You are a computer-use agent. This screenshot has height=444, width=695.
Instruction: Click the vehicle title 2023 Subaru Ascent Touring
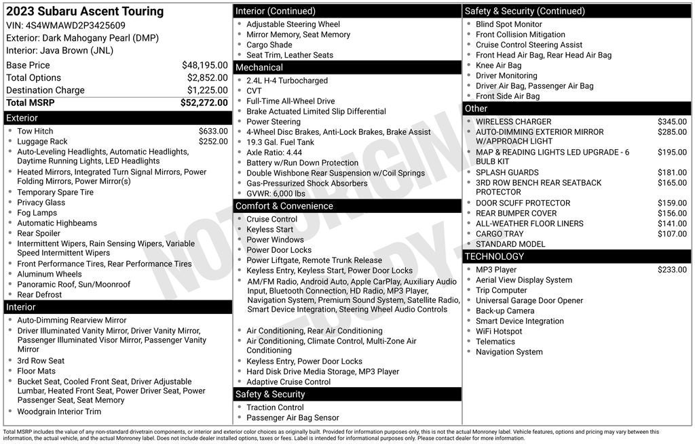click(85, 12)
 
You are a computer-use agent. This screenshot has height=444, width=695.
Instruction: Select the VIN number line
click(66, 26)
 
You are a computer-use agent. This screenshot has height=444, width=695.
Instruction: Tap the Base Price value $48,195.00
click(204, 65)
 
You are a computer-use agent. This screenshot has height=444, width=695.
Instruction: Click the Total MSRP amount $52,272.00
click(204, 103)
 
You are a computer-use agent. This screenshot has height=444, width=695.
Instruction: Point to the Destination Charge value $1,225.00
click(207, 90)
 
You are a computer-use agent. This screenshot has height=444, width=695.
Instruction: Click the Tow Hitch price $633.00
click(213, 132)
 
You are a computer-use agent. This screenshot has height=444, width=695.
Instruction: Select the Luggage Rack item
click(42, 142)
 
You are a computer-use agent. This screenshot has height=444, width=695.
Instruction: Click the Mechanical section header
click(259, 68)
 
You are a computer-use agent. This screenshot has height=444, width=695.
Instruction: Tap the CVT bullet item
click(254, 91)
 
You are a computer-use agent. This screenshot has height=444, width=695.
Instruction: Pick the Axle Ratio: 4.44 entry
click(274, 153)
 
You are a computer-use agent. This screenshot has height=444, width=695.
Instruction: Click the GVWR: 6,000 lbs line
click(276, 194)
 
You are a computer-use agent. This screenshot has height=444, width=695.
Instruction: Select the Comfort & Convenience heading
click(284, 206)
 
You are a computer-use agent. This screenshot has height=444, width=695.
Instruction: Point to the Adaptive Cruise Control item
click(288, 382)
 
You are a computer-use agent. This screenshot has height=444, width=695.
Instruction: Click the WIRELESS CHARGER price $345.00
click(672, 122)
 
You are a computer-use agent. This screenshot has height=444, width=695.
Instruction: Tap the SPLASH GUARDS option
click(507, 173)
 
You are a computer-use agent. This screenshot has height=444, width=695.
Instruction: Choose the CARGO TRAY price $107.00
click(672, 234)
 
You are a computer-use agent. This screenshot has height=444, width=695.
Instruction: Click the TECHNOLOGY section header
click(494, 256)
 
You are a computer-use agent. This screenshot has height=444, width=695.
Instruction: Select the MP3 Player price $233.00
click(672, 270)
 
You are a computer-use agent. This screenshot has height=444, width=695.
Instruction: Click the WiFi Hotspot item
click(499, 331)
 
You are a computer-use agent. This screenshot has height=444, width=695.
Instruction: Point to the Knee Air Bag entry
click(499, 66)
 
